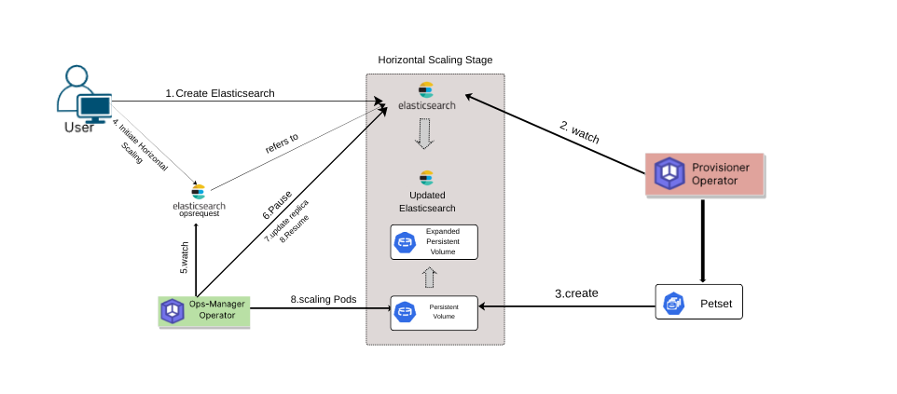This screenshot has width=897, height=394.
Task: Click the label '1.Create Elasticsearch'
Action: pyautogui.click(x=220, y=93)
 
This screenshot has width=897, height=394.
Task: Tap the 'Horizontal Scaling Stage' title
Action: pyautogui.click(x=435, y=60)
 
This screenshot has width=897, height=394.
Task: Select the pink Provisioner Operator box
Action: pyautogui.click(x=705, y=173)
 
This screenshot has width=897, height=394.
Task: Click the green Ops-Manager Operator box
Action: pyautogui.click(x=204, y=310)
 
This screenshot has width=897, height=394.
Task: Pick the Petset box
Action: pyautogui.click(x=699, y=304)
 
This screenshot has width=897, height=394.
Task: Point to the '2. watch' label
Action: pyautogui.click(x=579, y=132)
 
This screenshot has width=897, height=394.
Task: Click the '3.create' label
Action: pyautogui.click(x=576, y=293)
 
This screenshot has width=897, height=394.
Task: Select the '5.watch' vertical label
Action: pyautogui.click(x=185, y=257)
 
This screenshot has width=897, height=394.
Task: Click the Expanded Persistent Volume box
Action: pyautogui.click(x=434, y=241)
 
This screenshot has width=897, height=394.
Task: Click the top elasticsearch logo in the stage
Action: pyautogui.click(x=427, y=96)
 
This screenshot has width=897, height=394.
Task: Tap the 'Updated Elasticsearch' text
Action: pyautogui.click(x=427, y=201)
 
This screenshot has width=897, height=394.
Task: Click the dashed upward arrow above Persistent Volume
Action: pyautogui.click(x=429, y=278)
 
